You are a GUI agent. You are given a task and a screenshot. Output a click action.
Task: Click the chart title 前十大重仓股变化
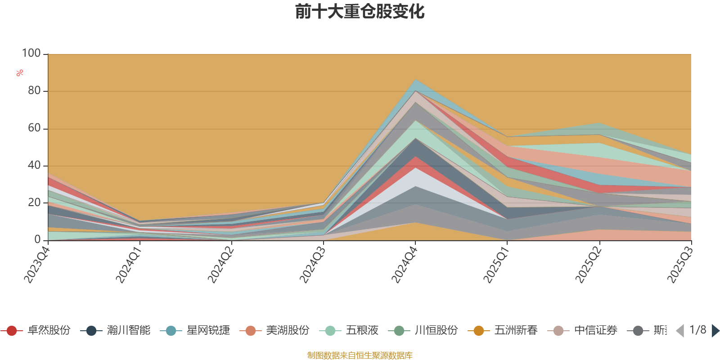pyautogui.click(x=360, y=12)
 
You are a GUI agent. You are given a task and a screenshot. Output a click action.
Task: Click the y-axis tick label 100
pyautogui.click(x=31, y=54)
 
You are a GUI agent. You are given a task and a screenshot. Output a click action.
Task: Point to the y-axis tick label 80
pyautogui.click(x=34, y=91)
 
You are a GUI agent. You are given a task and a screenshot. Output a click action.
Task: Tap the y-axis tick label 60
pyautogui.click(x=34, y=128)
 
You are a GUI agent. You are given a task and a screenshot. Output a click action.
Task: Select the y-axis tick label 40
pyautogui.click(x=34, y=166)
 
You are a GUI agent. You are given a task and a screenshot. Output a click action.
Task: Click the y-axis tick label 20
pyautogui.click(x=34, y=203)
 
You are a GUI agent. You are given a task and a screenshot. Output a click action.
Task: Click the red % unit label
pyautogui.click(x=20, y=73)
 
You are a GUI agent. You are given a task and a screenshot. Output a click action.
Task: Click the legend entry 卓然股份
pyautogui.click(x=49, y=331)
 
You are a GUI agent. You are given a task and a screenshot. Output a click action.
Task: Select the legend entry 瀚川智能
pyautogui.click(x=128, y=331)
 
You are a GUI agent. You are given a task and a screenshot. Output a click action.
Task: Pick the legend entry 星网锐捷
pyautogui.click(x=208, y=331)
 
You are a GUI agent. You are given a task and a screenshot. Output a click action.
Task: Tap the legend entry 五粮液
pyautogui.click(x=362, y=331)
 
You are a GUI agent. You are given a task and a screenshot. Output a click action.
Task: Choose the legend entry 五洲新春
pyautogui.click(x=516, y=331)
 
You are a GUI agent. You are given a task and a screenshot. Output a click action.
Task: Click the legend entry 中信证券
pyautogui.click(x=595, y=331)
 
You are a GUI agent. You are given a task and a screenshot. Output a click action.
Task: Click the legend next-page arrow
pyautogui.click(x=715, y=331)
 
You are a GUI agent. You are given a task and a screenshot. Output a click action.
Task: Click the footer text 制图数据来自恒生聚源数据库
pyautogui.click(x=360, y=355)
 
